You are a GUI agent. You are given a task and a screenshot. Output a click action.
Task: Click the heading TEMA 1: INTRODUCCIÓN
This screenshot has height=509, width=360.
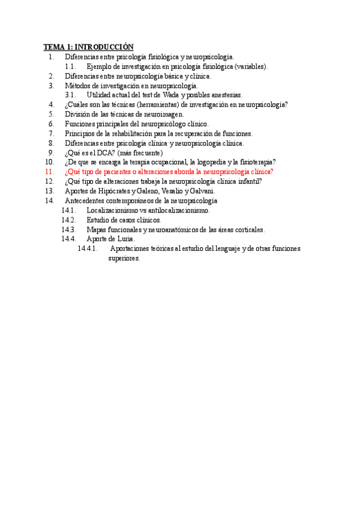click(x=88, y=47)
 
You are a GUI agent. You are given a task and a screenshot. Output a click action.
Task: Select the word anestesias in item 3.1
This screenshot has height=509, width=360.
click(x=223, y=95)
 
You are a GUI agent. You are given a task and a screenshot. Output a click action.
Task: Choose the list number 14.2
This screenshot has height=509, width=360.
click(x=68, y=220)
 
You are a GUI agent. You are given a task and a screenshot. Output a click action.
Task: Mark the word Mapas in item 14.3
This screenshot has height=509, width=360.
click(x=97, y=229)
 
